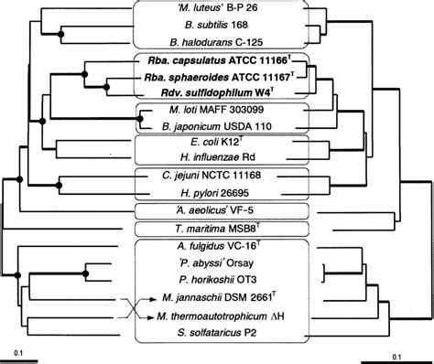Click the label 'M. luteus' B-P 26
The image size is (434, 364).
coord(216,11)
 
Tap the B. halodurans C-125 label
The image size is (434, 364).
coord(216,42)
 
